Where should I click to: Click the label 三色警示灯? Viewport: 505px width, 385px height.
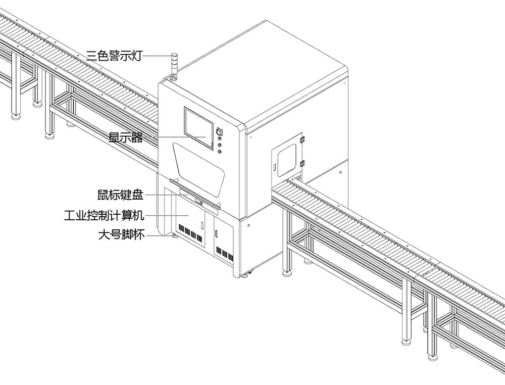[114, 56]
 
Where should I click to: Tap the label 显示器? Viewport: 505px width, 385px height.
[126, 137]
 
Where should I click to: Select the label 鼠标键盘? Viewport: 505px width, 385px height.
[121, 195]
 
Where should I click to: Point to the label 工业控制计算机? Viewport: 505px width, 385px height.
[105, 216]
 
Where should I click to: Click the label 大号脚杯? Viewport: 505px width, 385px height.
[121, 235]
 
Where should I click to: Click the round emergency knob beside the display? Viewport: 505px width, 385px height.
[219, 132]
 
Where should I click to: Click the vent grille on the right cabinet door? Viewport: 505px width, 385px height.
[224, 253]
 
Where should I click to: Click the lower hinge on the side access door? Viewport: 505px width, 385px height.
[302, 163]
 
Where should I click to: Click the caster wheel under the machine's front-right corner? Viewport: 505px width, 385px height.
[247, 275]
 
